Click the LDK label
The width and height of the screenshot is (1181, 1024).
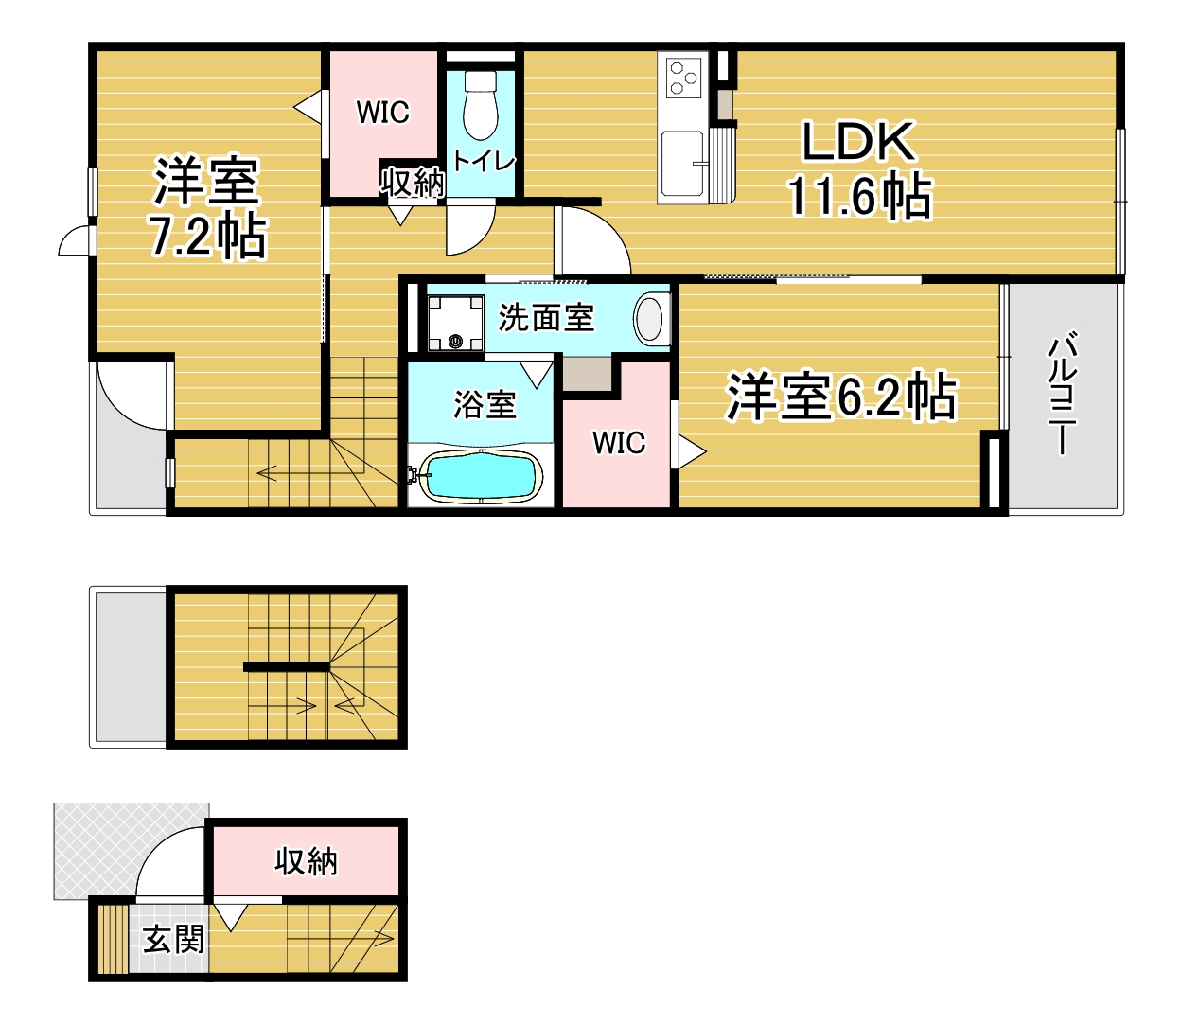pos(858,141)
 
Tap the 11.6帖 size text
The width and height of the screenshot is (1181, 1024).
pos(859,196)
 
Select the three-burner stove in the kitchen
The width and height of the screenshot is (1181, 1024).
pos(683,78)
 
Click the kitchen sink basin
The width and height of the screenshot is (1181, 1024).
pos(683,162)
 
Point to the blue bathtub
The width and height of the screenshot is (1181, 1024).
pos(480,476)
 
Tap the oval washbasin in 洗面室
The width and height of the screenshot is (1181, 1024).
pos(649,318)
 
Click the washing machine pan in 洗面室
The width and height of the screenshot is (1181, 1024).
pos(456,323)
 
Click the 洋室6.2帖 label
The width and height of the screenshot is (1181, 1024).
pos(841,396)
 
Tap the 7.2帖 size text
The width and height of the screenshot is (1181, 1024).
pos(207,236)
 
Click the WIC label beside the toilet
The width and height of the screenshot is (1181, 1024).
pos(382,112)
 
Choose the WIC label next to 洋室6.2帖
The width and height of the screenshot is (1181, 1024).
pos(619,442)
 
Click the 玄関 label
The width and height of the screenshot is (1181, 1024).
pos(173,939)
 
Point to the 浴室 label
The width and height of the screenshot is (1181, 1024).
pos(485,404)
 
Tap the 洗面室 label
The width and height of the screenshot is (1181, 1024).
pos(546,317)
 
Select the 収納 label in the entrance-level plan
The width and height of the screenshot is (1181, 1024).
pos(306,861)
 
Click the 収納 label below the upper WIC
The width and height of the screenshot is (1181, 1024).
pos(413,183)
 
